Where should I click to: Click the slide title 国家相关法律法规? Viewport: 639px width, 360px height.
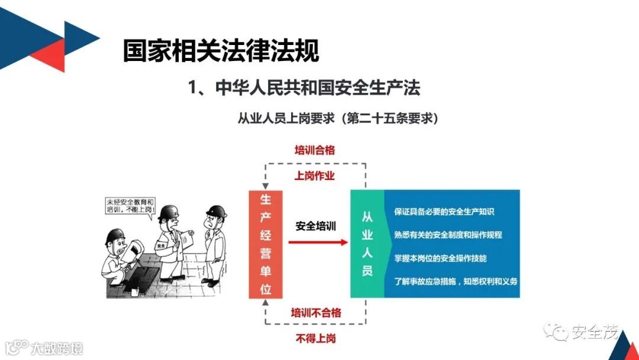coord(221,51)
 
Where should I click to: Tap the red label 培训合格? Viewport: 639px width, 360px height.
coord(314,150)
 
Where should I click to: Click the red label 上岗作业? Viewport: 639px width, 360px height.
coord(314,176)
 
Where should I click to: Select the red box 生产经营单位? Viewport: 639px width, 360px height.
coord(266,243)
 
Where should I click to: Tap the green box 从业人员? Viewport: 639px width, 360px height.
coord(367,243)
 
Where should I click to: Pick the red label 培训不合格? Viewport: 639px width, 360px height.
coord(315,312)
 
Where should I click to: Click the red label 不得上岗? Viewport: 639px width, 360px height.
coord(315,338)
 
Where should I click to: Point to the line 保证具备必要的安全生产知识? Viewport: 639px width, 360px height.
coord(443,211)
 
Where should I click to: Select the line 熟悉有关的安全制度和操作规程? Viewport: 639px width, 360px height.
coord(447,234)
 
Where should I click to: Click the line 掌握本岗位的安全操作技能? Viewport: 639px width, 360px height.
coord(440,258)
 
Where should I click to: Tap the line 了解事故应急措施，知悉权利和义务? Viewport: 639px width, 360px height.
coord(455,281)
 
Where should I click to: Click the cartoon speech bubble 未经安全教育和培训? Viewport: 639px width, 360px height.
coord(128,205)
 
